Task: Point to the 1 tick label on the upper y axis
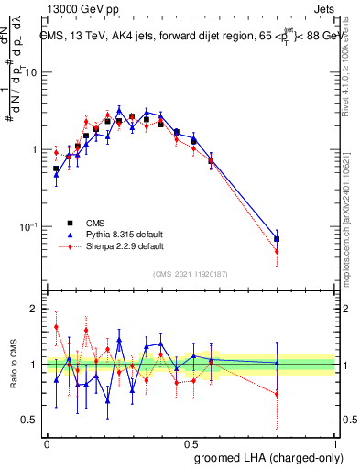point(35,149)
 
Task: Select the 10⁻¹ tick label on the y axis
point(30,227)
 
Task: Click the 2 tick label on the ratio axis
point(35,310)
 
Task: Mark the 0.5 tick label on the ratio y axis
point(30,420)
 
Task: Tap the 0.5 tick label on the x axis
point(191,442)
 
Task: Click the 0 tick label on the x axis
point(47,442)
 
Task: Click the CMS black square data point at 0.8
point(277,239)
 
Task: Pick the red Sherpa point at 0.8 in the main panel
point(277,251)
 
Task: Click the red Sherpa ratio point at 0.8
point(277,394)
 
